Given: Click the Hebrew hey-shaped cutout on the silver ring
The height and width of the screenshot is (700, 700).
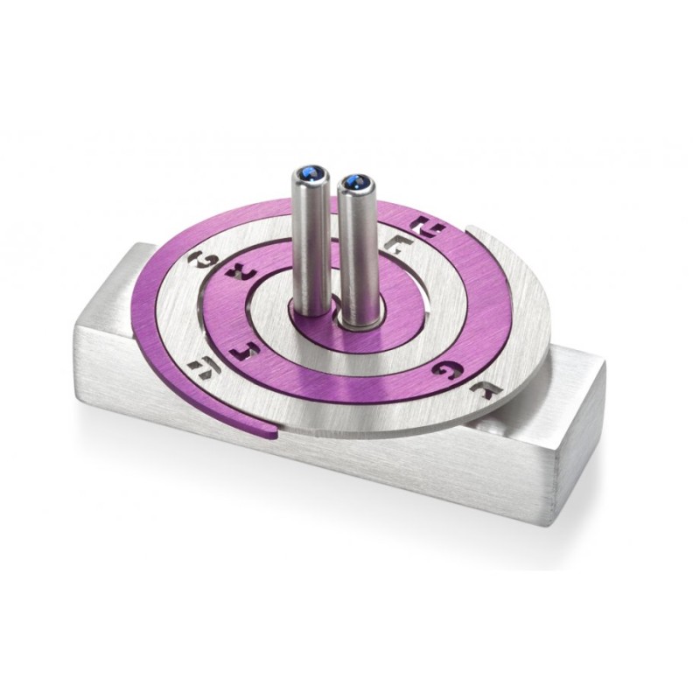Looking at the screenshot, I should pos(203,368).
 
